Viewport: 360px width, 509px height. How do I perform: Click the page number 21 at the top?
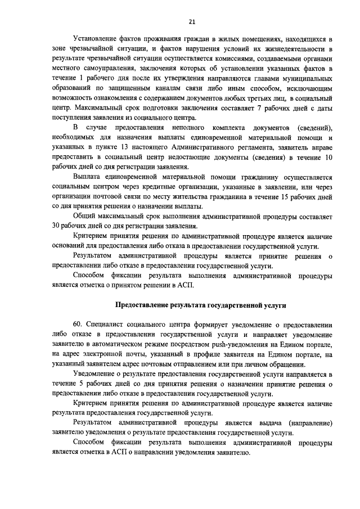pos(192,22)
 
